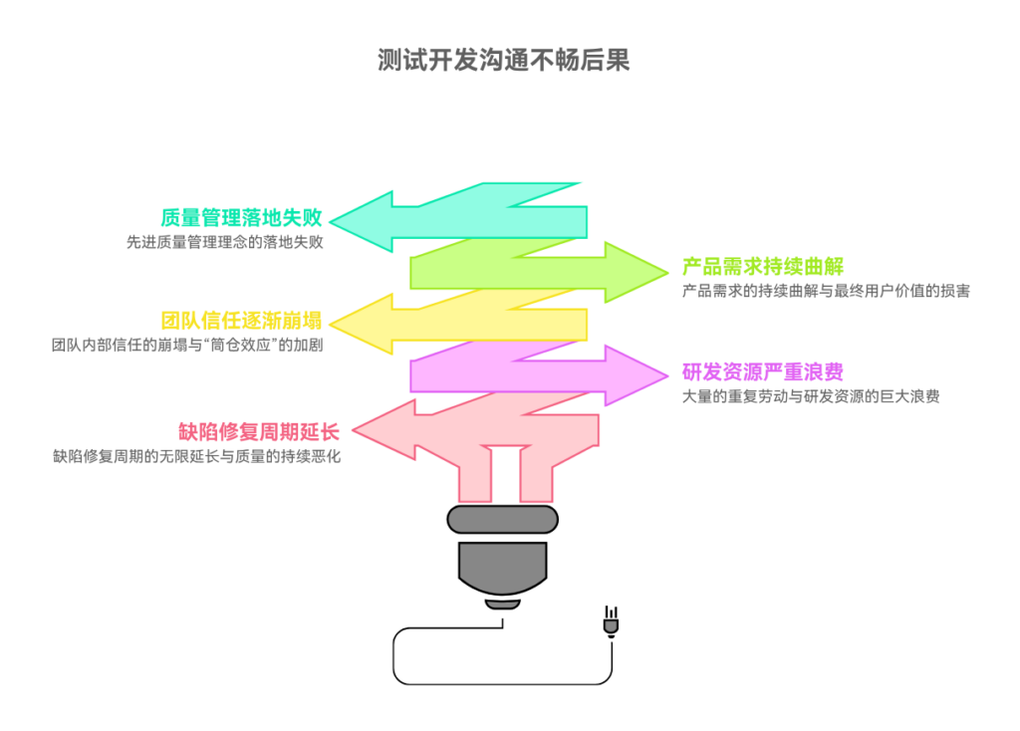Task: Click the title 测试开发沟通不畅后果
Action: pos(503,60)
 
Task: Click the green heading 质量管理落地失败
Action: pos(241,217)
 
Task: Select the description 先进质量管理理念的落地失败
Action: pos(224,242)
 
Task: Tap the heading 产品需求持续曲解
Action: pos(762,266)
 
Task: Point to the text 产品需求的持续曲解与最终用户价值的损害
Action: pos(826,291)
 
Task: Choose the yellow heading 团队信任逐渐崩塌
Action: pos(241,320)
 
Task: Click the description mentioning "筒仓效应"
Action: pos(187,345)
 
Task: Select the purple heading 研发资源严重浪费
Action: pos(762,371)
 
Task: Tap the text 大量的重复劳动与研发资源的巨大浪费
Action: pos(811,396)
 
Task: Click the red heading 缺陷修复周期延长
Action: pos(259,431)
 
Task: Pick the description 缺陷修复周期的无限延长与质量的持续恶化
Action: pos(196,456)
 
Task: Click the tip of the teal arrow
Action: pos(331,221)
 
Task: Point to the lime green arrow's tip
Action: pos(668,272)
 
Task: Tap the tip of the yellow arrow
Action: pos(331,324)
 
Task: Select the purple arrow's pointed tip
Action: pos(668,374)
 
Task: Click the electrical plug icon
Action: pos(611,621)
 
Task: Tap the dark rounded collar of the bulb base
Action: pos(502,520)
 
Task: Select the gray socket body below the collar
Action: pos(502,567)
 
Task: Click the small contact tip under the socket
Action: pos(502,605)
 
